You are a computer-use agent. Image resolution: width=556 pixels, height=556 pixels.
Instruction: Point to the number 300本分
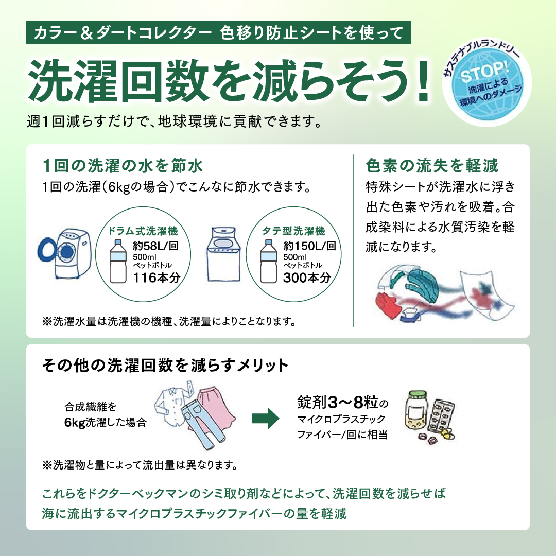click(x=306, y=277)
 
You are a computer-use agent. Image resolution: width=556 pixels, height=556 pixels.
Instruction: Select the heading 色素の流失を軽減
click(x=432, y=166)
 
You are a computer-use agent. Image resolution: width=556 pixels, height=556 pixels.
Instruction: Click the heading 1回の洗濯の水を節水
click(x=124, y=166)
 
